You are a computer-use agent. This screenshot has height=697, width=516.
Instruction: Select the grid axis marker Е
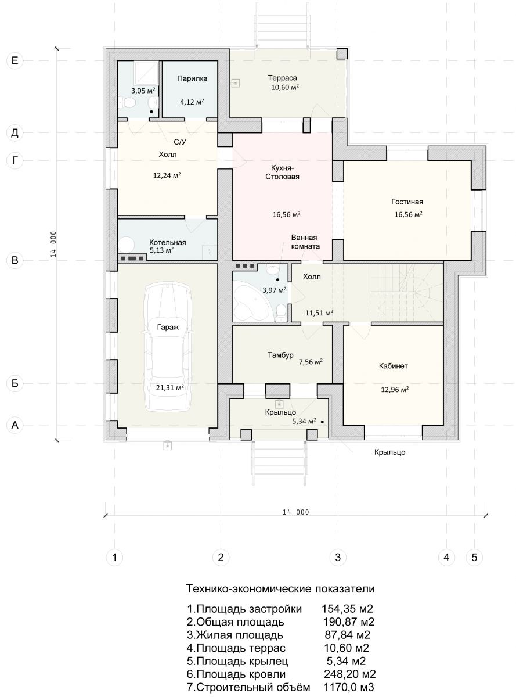click(x=15, y=60)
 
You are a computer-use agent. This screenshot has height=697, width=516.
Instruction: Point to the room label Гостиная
click(x=407, y=202)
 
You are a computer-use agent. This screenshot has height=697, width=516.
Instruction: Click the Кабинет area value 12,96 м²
click(x=395, y=390)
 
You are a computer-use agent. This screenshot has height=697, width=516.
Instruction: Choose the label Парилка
click(x=192, y=78)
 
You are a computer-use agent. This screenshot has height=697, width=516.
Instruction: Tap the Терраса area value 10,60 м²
click(x=285, y=87)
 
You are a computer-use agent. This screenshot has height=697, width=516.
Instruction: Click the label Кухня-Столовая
click(x=282, y=172)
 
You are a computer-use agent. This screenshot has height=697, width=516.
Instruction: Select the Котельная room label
click(x=167, y=243)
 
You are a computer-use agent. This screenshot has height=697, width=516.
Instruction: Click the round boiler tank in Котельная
click(x=127, y=245)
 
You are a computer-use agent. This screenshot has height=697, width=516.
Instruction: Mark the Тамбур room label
click(x=280, y=355)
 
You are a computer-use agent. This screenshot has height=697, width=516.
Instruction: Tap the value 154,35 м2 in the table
click(x=347, y=609)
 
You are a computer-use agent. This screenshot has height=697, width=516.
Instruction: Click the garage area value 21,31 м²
click(x=170, y=387)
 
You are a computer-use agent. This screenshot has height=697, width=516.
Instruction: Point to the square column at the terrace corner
click(x=342, y=53)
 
